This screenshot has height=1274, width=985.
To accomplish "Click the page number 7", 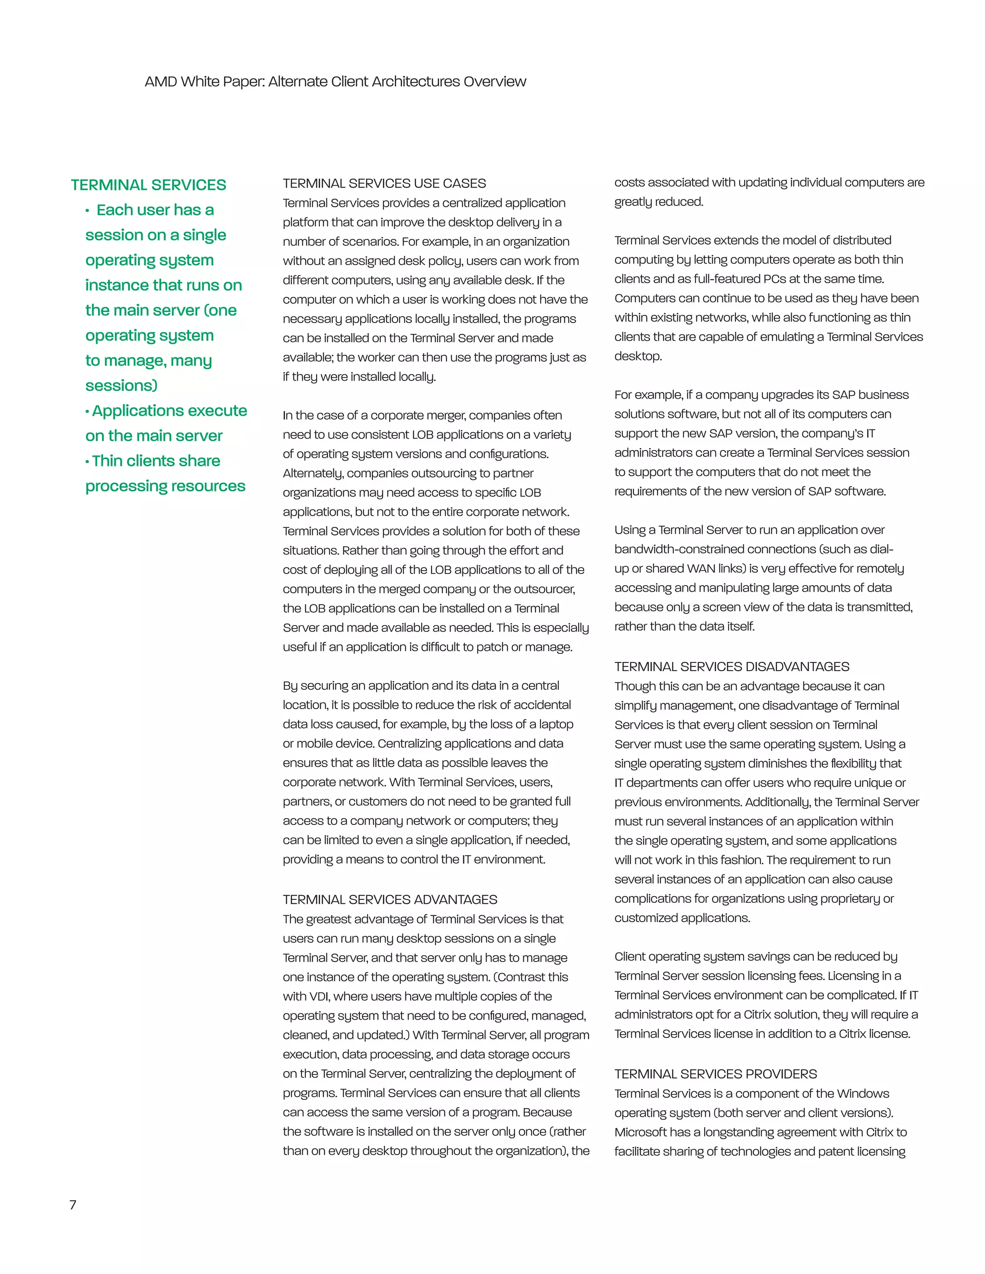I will pos(73,1205).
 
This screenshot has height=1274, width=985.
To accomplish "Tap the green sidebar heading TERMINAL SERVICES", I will pos(148,185).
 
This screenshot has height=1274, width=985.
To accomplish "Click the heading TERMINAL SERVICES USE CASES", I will pos(384,183).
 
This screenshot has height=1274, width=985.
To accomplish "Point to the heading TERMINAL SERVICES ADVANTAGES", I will pos(390,899).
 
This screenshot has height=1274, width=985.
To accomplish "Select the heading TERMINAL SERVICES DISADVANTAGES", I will pos(732,667).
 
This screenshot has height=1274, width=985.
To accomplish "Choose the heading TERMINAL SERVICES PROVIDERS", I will pos(715,1074).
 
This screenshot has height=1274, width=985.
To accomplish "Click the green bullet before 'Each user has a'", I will pos(88,211).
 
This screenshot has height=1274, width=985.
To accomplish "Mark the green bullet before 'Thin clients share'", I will pos(88,462).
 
